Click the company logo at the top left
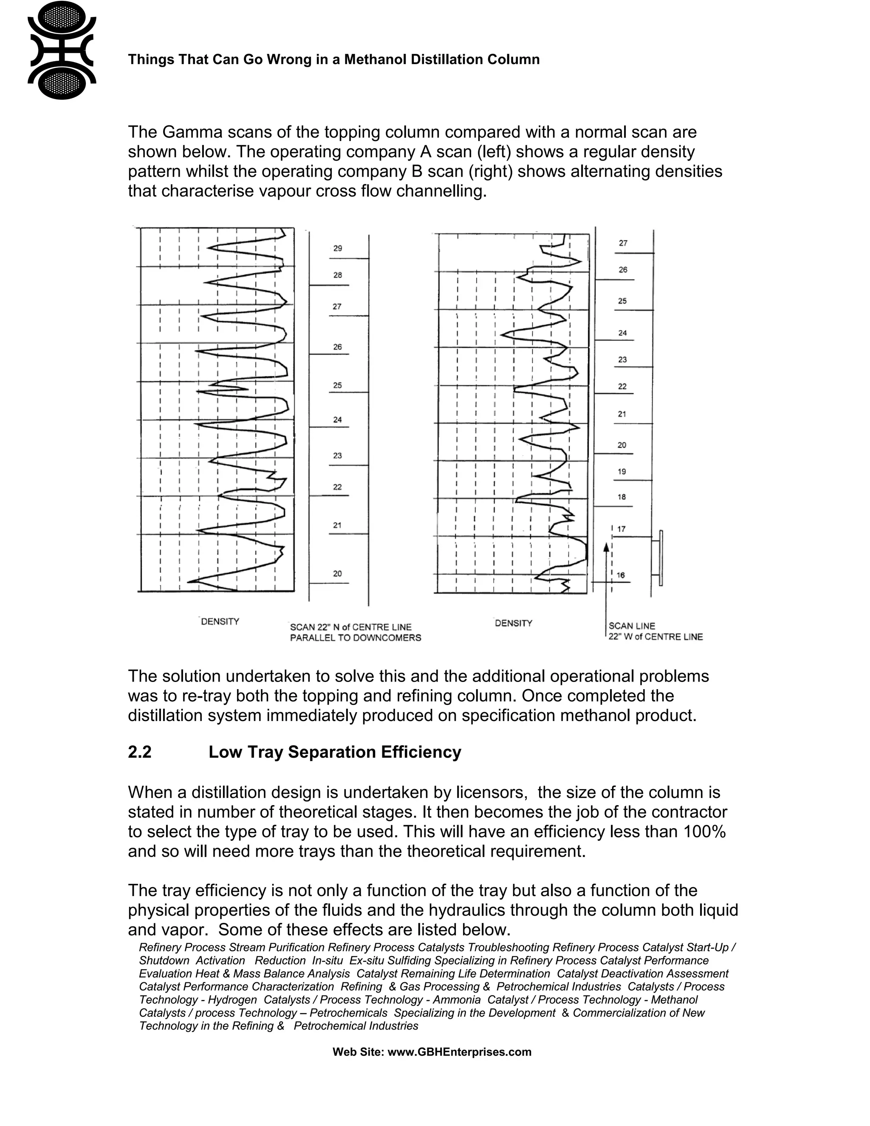coord(62,50)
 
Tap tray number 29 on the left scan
coord(338,249)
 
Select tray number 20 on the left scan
coord(337,573)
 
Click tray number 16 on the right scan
coord(621,575)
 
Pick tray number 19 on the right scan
coord(621,471)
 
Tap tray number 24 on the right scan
coord(623,333)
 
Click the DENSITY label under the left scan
coord(220,622)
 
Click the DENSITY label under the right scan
coord(513,623)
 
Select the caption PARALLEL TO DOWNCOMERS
coord(355,638)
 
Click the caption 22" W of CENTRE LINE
coord(655,637)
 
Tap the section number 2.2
coord(140,752)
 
